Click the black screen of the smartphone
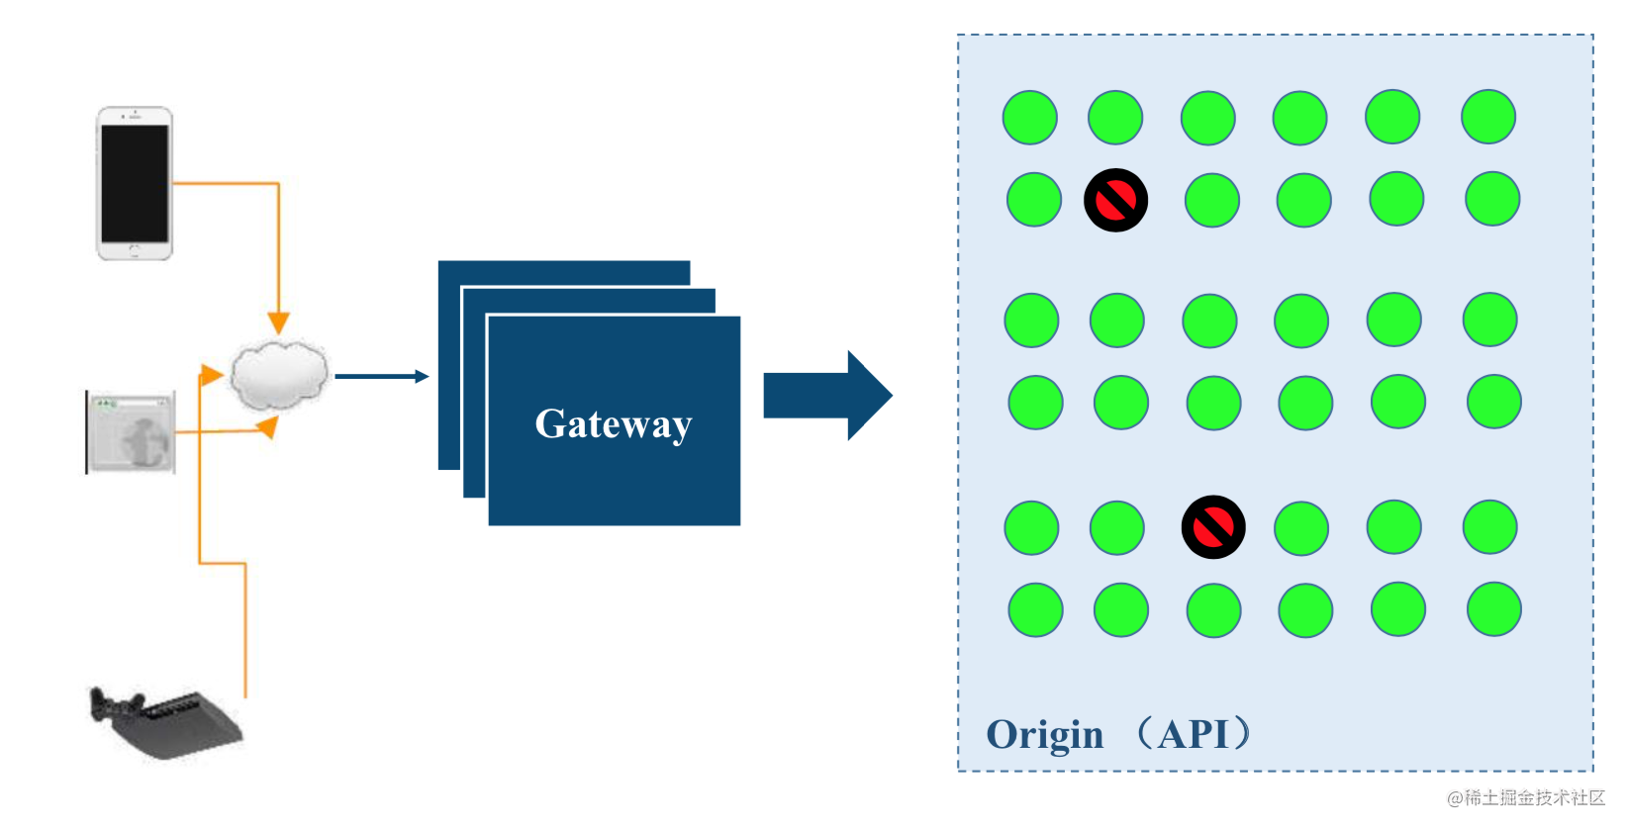135,184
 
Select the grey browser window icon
132,432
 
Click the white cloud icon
278,375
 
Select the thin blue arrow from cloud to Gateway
381,376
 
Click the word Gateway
613,423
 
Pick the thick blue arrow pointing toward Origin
827,396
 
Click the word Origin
1044,735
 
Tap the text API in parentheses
1193,734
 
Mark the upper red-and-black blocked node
1115,200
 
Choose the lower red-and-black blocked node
1213,527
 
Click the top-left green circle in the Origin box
1029,118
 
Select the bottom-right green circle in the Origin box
1493,609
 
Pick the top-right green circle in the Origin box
1487,117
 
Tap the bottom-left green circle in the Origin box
1035,609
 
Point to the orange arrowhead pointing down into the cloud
278,323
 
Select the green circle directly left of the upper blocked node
1033,199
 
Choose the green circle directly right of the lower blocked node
1300,528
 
